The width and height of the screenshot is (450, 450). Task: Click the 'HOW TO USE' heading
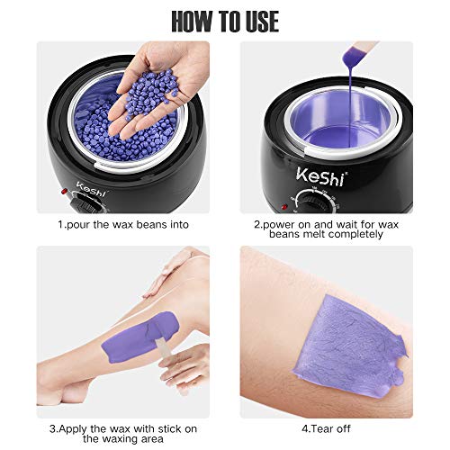[x=224, y=20]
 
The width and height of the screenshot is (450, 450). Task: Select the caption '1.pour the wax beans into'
[x=112, y=221]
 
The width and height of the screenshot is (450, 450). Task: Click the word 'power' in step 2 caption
[x=281, y=221]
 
